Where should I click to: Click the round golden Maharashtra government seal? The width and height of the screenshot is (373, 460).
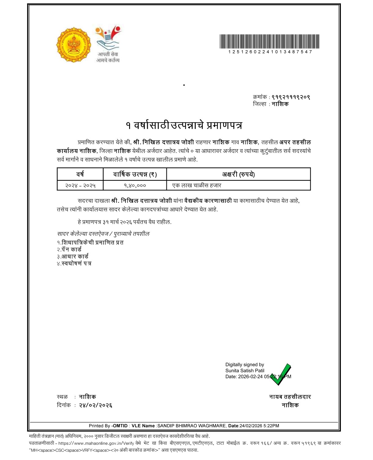(x=73, y=45)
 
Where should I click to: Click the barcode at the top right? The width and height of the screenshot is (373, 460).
(x=269, y=42)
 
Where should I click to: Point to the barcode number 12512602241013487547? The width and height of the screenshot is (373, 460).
(x=270, y=52)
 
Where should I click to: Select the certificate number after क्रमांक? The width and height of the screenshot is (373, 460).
(x=291, y=97)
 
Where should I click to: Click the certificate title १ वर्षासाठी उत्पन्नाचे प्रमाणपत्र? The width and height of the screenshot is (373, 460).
(x=184, y=125)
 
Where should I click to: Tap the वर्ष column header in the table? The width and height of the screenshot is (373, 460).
(x=80, y=174)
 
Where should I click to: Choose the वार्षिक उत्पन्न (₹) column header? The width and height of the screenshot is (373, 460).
(x=135, y=174)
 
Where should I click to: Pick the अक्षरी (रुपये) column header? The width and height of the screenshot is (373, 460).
(x=238, y=174)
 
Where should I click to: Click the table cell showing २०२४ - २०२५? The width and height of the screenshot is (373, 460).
(x=80, y=185)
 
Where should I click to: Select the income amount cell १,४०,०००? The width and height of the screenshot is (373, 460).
(x=135, y=185)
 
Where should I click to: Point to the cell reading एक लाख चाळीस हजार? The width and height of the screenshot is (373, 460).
(x=197, y=185)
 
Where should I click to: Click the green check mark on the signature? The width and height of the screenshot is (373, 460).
(x=280, y=374)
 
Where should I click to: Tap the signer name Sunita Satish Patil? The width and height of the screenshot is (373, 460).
(x=245, y=370)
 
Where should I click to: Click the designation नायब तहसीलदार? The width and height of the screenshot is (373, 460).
(x=290, y=397)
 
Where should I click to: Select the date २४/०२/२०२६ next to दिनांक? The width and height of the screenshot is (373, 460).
(x=95, y=405)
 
